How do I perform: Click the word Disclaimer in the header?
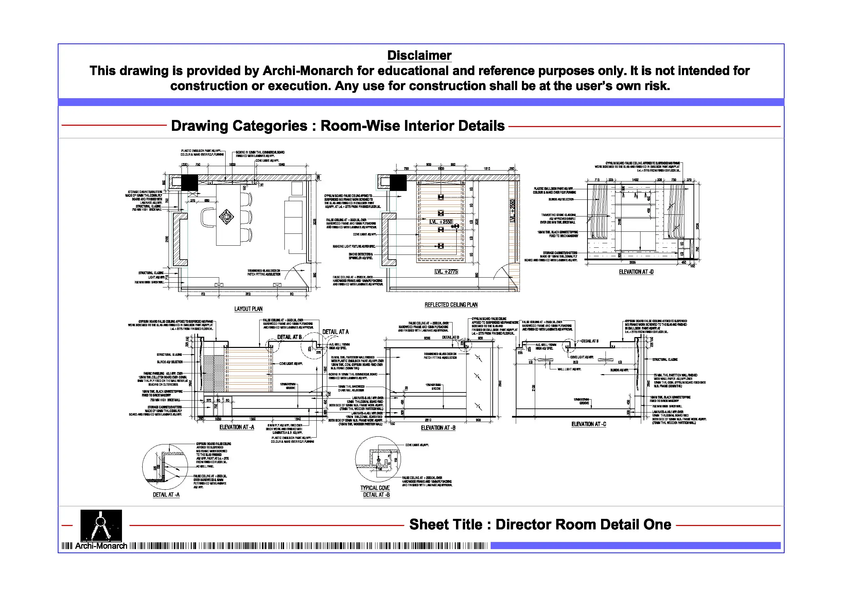419,55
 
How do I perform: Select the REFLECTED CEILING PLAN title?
451,305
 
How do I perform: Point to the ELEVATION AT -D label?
636,272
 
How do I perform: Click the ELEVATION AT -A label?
236,427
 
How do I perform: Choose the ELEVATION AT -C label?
589,424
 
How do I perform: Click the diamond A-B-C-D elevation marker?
226,217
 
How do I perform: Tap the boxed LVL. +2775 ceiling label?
446,272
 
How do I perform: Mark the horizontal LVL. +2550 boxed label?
441,222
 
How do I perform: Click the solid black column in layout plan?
190,182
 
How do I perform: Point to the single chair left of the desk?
208,217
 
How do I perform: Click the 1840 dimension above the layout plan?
281,164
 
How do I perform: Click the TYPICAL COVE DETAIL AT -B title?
375,491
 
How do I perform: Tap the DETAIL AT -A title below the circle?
166,495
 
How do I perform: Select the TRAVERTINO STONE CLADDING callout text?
558,215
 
